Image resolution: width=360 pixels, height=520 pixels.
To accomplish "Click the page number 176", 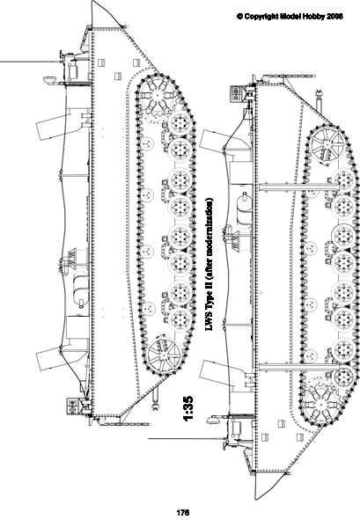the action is (183, 512).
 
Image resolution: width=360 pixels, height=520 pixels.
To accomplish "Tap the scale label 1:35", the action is (187, 408).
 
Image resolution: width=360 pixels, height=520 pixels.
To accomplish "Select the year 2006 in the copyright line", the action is (334, 16).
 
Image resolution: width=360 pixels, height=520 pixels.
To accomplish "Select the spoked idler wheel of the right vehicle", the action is (327, 145).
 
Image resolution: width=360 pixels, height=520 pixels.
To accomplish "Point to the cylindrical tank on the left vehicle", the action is (81, 288).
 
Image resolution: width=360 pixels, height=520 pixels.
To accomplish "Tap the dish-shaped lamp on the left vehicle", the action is (49, 80).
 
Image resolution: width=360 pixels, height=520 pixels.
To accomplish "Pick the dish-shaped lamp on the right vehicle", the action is (214, 419).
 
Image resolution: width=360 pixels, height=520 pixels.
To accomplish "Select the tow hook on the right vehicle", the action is (320, 99).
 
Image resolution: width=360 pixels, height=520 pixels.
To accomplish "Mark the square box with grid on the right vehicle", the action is (236, 93).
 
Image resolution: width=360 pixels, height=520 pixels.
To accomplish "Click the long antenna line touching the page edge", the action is (29, 62).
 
